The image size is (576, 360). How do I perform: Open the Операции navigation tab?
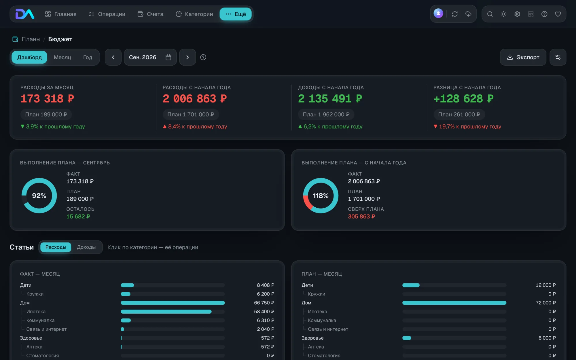coord(107,14)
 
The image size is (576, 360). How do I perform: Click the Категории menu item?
coord(194,14)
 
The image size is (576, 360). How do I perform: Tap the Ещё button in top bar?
coord(236,14)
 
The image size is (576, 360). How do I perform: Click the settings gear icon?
coord(517,14)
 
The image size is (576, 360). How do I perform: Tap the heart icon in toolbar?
coord(558,14)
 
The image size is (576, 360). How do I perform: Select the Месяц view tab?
coord(62,57)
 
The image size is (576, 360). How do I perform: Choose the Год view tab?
coord(88,57)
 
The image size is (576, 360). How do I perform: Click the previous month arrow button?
coord(113,57)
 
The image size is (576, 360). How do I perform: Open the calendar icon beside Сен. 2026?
coord(168,57)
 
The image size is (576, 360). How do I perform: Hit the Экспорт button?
coord(523,57)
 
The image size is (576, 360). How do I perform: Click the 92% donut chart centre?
coord(39,196)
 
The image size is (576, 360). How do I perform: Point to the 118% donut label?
coord(321,196)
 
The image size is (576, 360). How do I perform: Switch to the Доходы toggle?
coord(86,247)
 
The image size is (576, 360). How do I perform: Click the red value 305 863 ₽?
coord(361,216)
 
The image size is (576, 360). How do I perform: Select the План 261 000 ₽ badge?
coord(459,115)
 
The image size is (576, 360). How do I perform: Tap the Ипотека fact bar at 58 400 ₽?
coord(166,312)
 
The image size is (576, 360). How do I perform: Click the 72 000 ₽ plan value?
coord(545,303)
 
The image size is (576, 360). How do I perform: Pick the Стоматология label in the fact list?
coord(43,356)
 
